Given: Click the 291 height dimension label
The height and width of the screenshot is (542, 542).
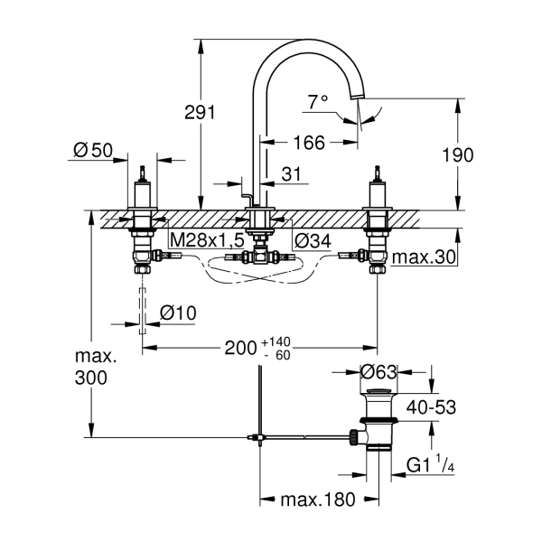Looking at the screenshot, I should pyautogui.click(x=200, y=112).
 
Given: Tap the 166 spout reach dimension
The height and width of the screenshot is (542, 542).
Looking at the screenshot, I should pyautogui.click(x=308, y=141).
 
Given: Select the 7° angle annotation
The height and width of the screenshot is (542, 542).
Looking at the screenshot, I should pyautogui.click(x=317, y=102).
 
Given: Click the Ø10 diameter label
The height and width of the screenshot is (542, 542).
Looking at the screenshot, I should pyautogui.click(x=178, y=312).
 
